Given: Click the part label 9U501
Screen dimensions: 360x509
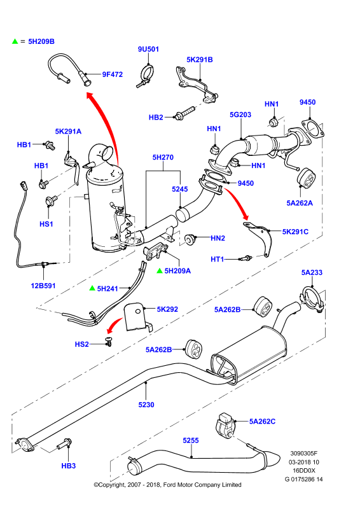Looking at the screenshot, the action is [148, 49].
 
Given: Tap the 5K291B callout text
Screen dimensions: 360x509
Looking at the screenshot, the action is [200, 59].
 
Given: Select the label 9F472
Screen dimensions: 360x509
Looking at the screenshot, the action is [113, 74].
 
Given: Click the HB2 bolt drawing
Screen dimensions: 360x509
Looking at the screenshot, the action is [184, 112].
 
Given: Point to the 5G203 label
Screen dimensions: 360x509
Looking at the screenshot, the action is [240, 115].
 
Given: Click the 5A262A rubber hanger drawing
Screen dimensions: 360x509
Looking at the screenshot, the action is [307, 178].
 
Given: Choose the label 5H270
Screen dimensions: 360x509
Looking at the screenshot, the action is [163, 157].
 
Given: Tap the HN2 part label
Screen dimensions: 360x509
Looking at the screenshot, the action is [218, 238].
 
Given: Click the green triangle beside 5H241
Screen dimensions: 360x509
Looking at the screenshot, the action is [92, 288].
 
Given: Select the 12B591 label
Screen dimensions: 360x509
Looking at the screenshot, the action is [43, 286].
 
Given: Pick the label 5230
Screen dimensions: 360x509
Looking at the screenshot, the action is [146, 405].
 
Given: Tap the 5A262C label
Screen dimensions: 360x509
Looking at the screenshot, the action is [262, 421].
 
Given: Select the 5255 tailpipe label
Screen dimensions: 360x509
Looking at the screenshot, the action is [191, 440].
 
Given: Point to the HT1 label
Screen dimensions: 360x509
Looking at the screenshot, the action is [217, 259].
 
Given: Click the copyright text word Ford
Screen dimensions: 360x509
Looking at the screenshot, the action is [170, 485].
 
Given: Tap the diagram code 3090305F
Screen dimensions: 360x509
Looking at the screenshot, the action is [304, 454].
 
